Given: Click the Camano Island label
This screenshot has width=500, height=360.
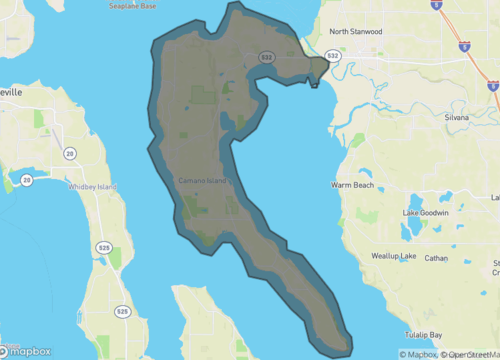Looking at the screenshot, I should pyautogui.click(x=202, y=180).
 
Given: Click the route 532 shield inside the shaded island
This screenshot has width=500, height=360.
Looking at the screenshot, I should pyautogui.click(x=267, y=58).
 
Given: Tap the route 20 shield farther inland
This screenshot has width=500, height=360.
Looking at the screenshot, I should pyautogui.click(x=70, y=153).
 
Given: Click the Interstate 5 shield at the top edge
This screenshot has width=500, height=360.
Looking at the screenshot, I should pyautogui.click(x=437, y=5).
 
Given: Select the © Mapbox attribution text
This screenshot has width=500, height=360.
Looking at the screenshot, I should pyautogui.click(x=417, y=354).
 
